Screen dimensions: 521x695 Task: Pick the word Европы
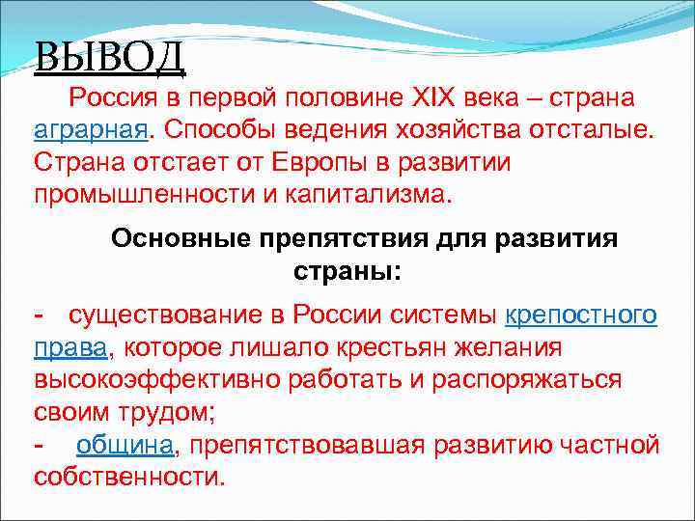pyautogui.click(x=344, y=162)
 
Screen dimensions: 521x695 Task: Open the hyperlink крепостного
pyautogui.click(x=581, y=315)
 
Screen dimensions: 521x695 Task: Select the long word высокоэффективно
pyautogui.click(x=157, y=379)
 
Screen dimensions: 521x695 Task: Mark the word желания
pyautogui.click(x=522, y=347)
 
